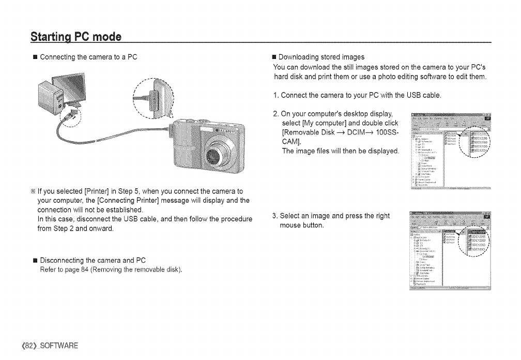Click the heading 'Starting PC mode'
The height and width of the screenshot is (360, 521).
(x=75, y=37)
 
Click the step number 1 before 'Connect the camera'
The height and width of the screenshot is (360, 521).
(x=274, y=95)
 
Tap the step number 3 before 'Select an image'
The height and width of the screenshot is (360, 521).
(x=274, y=216)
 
